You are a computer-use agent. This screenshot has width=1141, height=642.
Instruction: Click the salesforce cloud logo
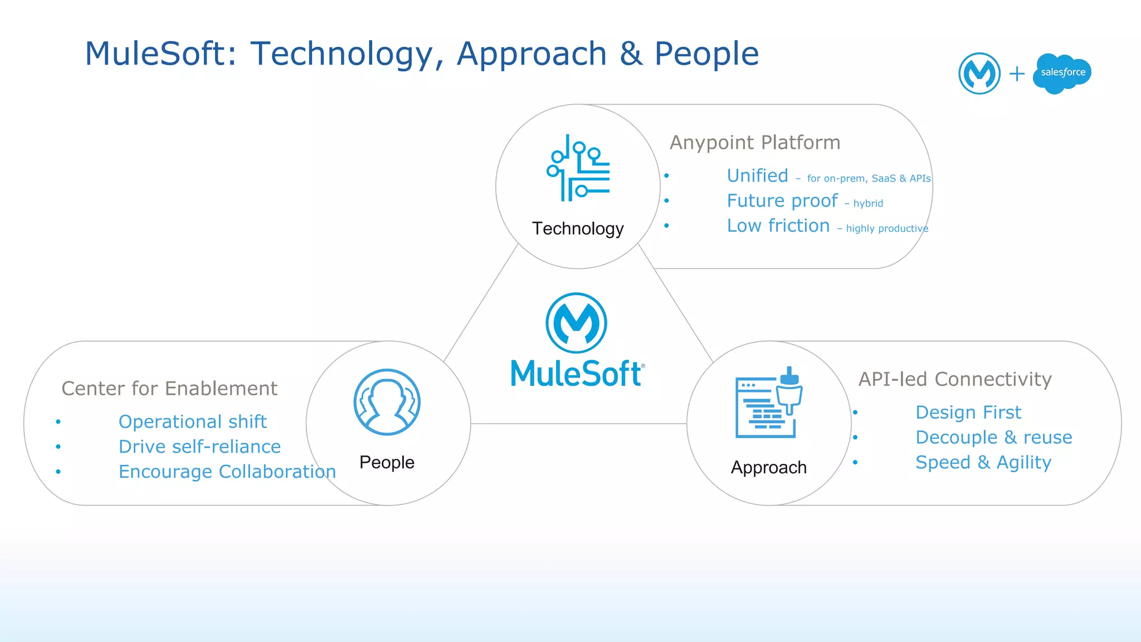[1062, 73]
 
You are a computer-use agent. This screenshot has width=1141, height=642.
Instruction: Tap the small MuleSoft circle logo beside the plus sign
[979, 73]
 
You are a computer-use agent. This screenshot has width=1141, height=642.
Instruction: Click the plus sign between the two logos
[1017, 73]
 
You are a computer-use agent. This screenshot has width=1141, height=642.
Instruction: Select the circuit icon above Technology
[578, 168]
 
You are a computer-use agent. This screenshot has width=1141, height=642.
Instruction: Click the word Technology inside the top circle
[578, 228]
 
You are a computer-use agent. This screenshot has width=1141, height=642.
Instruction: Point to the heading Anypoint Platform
[754, 143]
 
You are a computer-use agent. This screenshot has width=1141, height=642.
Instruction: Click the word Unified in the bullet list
[757, 176]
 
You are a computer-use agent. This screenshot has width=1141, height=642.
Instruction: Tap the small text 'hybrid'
[868, 204]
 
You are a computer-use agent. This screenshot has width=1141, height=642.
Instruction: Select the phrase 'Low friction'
[778, 226]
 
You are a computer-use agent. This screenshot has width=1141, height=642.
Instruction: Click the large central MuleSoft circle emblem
[576, 323]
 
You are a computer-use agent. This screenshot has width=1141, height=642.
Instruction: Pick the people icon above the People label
[387, 402]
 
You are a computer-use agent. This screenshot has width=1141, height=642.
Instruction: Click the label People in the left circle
[387, 462]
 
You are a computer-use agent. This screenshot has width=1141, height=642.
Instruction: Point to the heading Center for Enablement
[169, 389]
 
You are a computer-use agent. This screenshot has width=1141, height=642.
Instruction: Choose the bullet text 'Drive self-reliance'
[199, 447]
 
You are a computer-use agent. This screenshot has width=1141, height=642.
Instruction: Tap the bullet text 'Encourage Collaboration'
[227, 472]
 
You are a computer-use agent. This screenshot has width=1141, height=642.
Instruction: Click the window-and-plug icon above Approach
[768, 403]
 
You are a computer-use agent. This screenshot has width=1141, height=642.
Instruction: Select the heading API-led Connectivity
[954, 379]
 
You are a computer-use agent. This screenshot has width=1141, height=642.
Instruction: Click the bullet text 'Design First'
[968, 413]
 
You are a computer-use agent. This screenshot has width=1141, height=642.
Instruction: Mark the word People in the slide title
[706, 54]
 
